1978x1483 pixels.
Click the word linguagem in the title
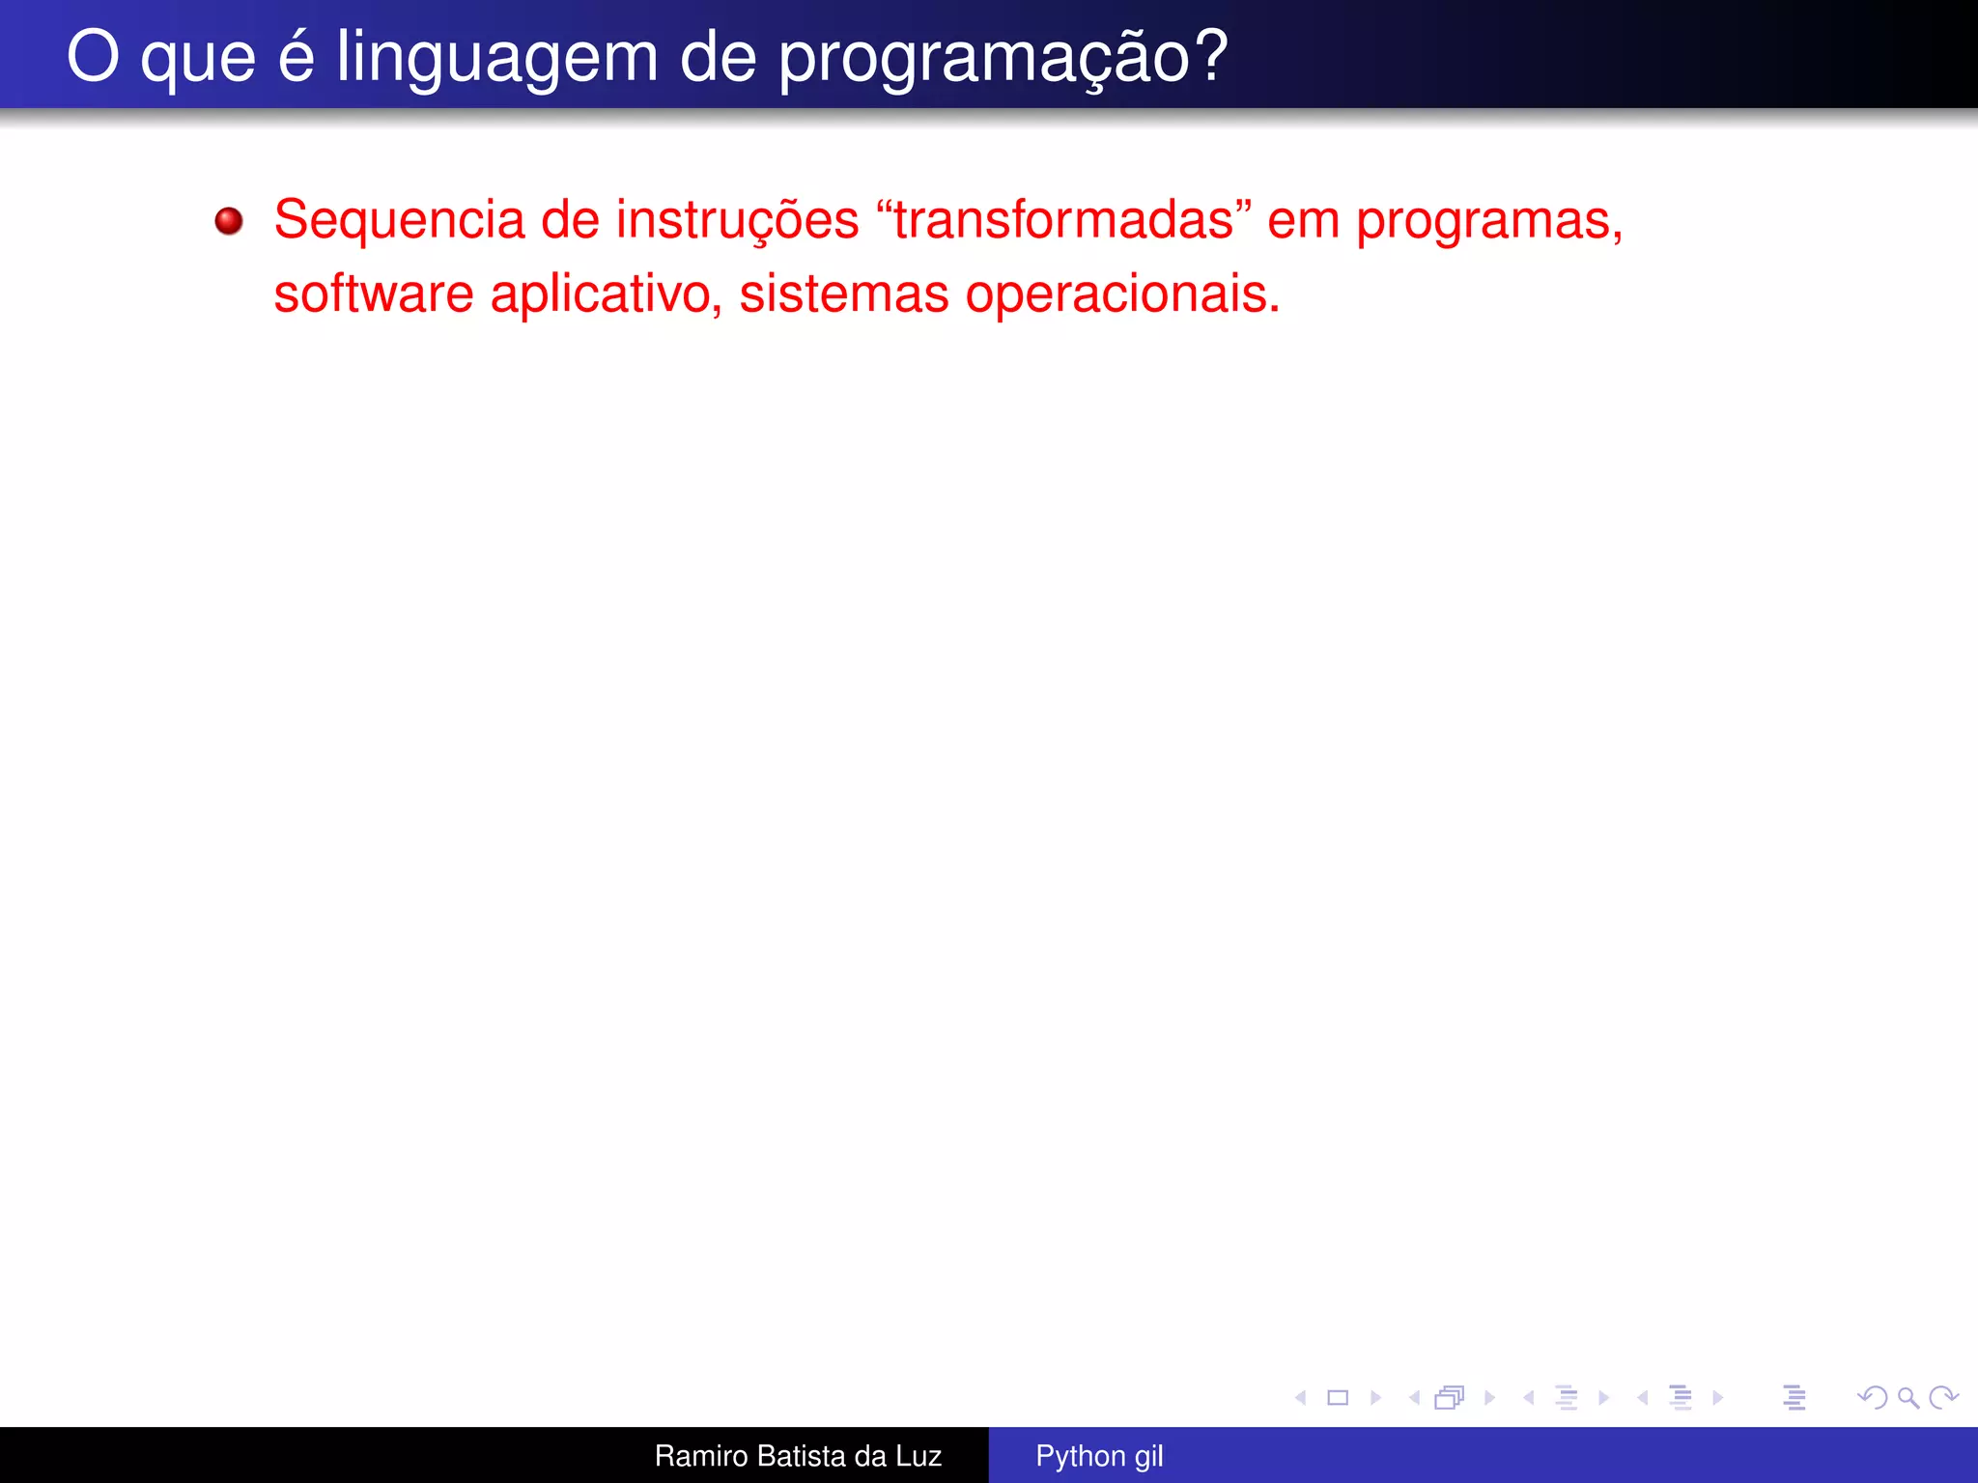(496, 58)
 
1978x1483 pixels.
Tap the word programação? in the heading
(1003, 58)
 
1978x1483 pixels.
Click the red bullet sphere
(229, 221)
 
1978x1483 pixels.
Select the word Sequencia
(398, 221)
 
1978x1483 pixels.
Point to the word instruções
(737, 221)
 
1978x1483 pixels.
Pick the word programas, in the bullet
(1488, 221)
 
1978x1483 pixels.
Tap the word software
(373, 294)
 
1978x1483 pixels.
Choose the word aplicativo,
(607, 294)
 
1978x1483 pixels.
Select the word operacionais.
(1122, 294)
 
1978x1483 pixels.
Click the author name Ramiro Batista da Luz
(798, 1456)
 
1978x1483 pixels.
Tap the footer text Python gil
(1099, 1456)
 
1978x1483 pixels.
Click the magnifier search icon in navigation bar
(1907, 1397)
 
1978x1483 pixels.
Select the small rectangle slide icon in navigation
(1338, 1397)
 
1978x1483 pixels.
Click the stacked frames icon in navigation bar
(1450, 1397)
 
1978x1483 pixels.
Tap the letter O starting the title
(93, 58)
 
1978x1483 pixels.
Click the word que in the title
(198, 58)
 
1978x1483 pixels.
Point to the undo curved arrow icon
(1873, 1397)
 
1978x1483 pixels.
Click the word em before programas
(1303, 221)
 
